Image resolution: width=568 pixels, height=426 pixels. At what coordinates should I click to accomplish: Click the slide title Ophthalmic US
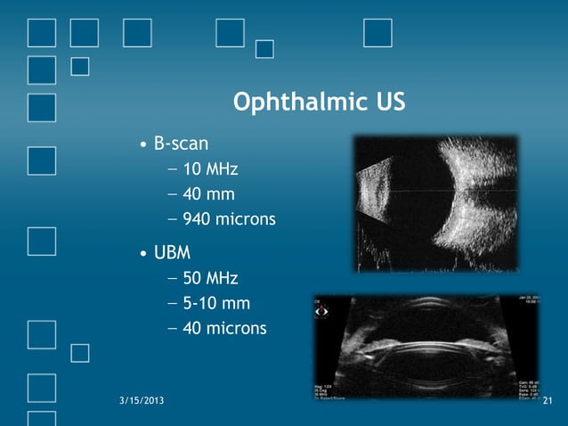(x=319, y=102)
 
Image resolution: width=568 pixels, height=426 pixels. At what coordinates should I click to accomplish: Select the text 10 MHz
(x=211, y=169)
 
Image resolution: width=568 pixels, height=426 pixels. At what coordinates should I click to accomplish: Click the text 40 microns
(x=224, y=329)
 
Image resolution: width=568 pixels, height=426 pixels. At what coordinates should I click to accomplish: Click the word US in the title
(x=388, y=102)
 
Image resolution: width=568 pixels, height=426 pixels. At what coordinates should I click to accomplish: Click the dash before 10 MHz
(x=171, y=169)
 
